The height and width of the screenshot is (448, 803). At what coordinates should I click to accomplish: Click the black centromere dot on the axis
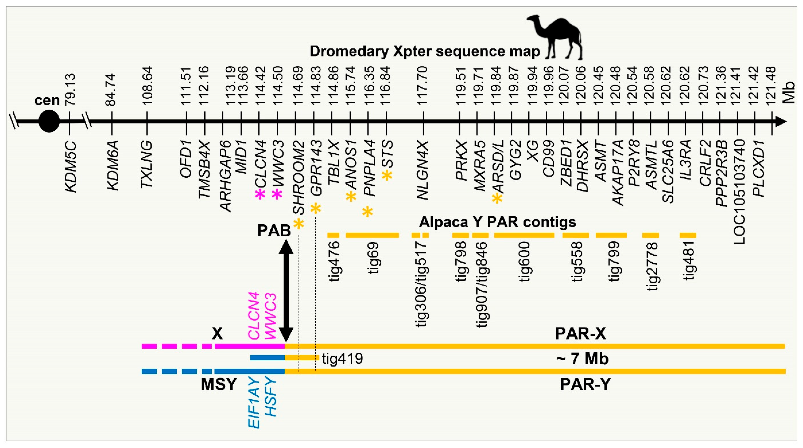pyautogui.click(x=49, y=121)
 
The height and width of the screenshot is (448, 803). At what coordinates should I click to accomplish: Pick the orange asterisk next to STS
pyautogui.click(x=387, y=175)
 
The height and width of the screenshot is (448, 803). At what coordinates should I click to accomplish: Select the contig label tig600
pyautogui.click(x=525, y=262)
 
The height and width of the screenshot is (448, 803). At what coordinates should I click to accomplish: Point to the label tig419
pyautogui.click(x=343, y=358)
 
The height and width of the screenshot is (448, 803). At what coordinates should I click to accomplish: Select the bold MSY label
pyautogui.click(x=219, y=384)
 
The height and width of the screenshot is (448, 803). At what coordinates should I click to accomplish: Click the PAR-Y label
pyautogui.click(x=585, y=384)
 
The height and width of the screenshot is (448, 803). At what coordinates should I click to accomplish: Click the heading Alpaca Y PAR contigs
pyautogui.click(x=497, y=222)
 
